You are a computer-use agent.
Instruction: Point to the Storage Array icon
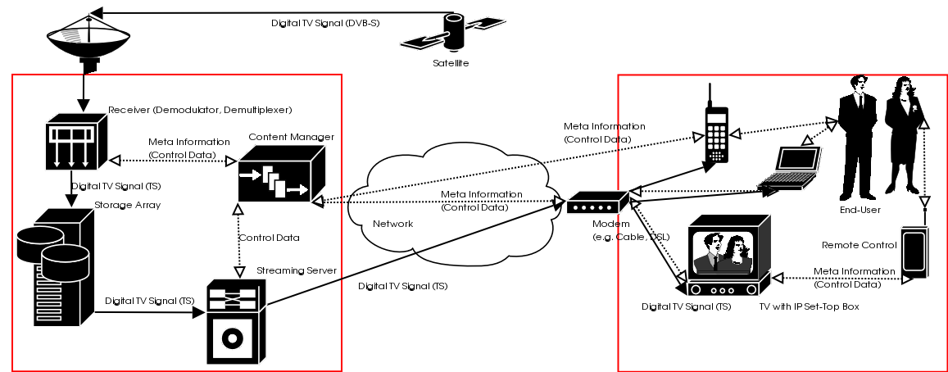pos(52,266)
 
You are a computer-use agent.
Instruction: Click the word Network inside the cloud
pos(393,224)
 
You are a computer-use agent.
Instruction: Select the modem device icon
pos(596,202)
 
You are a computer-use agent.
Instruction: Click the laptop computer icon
pos(790,170)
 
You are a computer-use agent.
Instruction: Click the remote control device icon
pos(914,254)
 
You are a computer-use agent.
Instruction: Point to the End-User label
pos(860,210)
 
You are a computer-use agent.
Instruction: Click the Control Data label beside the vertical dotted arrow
pos(269,238)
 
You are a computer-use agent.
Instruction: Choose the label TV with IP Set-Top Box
pos(810,306)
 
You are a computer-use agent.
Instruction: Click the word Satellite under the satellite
pos(451,63)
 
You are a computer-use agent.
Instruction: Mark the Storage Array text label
pos(127,205)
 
